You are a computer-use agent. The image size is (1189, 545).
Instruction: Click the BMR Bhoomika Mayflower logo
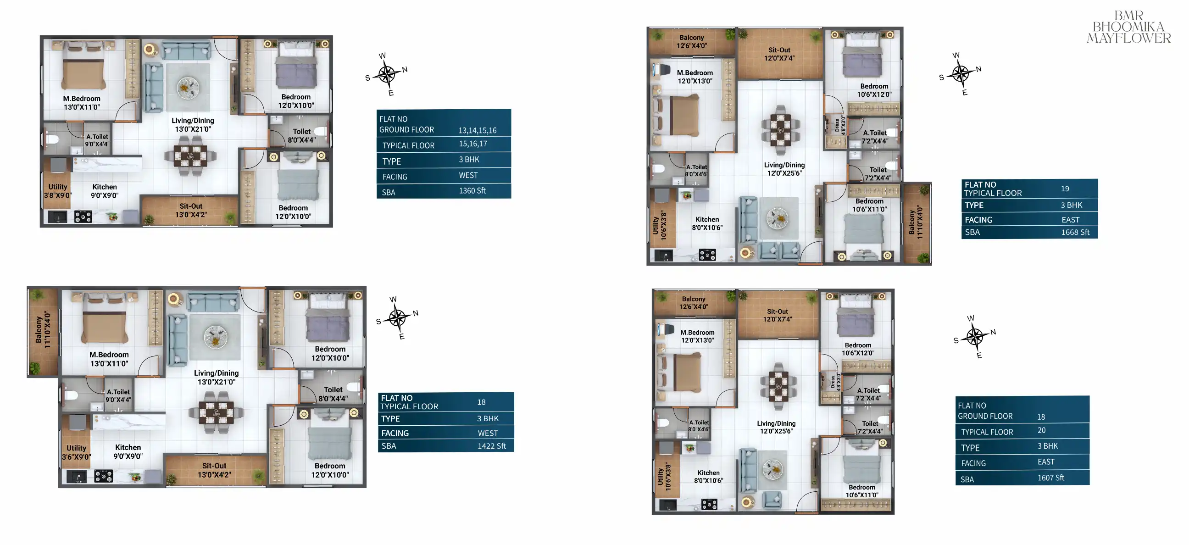pyautogui.click(x=1128, y=27)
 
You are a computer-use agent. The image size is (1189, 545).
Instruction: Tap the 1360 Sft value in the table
pyautogui.click(x=472, y=190)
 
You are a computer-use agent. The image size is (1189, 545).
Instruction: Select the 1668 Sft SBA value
pyautogui.click(x=1075, y=232)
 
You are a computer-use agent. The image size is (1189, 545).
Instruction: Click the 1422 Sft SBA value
pyautogui.click(x=492, y=446)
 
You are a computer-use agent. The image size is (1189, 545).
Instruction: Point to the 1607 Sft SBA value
pyautogui.click(x=1051, y=478)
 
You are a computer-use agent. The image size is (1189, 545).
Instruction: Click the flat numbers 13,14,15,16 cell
pyautogui.click(x=477, y=131)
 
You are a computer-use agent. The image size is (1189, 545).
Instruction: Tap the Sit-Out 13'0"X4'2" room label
pyautogui.click(x=191, y=211)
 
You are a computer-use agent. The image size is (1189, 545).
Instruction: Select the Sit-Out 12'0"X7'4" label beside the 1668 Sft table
pyautogui.click(x=779, y=54)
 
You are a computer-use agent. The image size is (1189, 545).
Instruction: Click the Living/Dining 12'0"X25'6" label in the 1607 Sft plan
pyautogui.click(x=776, y=427)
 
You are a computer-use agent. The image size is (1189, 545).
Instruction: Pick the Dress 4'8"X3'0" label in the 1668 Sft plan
pyautogui.click(x=840, y=125)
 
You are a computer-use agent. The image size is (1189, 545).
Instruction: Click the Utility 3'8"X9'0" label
pyautogui.click(x=58, y=191)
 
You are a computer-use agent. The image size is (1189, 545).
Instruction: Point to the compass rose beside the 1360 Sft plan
pyautogui.click(x=387, y=74)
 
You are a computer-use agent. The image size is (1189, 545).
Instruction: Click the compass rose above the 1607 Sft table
pyautogui.click(x=974, y=337)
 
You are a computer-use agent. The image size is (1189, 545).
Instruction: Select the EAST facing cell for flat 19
pyautogui.click(x=1070, y=220)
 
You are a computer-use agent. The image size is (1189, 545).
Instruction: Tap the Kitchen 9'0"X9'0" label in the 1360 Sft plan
pyautogui.click(x=104, y=191)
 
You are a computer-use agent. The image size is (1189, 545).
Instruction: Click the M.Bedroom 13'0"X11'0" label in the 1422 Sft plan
pyautogui.click(x=109, y=359)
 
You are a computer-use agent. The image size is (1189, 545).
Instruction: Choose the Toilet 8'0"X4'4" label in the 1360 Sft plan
pyautogui.click(x=302, y=136)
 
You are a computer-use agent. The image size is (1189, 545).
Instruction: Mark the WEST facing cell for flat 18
pyautogui.click(x=488, y=433)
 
